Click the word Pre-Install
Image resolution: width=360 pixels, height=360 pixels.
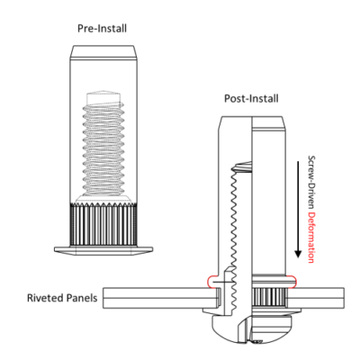click(x=102, y=29)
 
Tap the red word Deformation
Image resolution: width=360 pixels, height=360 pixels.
click(x=311, y=235)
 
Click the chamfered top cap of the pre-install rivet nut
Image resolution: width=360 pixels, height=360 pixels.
click(x=102, y=49)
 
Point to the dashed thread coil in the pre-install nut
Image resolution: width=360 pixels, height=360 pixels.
click(x=102, y=144)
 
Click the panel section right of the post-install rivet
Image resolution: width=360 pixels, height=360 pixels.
click(x=319, y=295)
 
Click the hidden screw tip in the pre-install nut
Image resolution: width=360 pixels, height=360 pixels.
click(x=102, y=94)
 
